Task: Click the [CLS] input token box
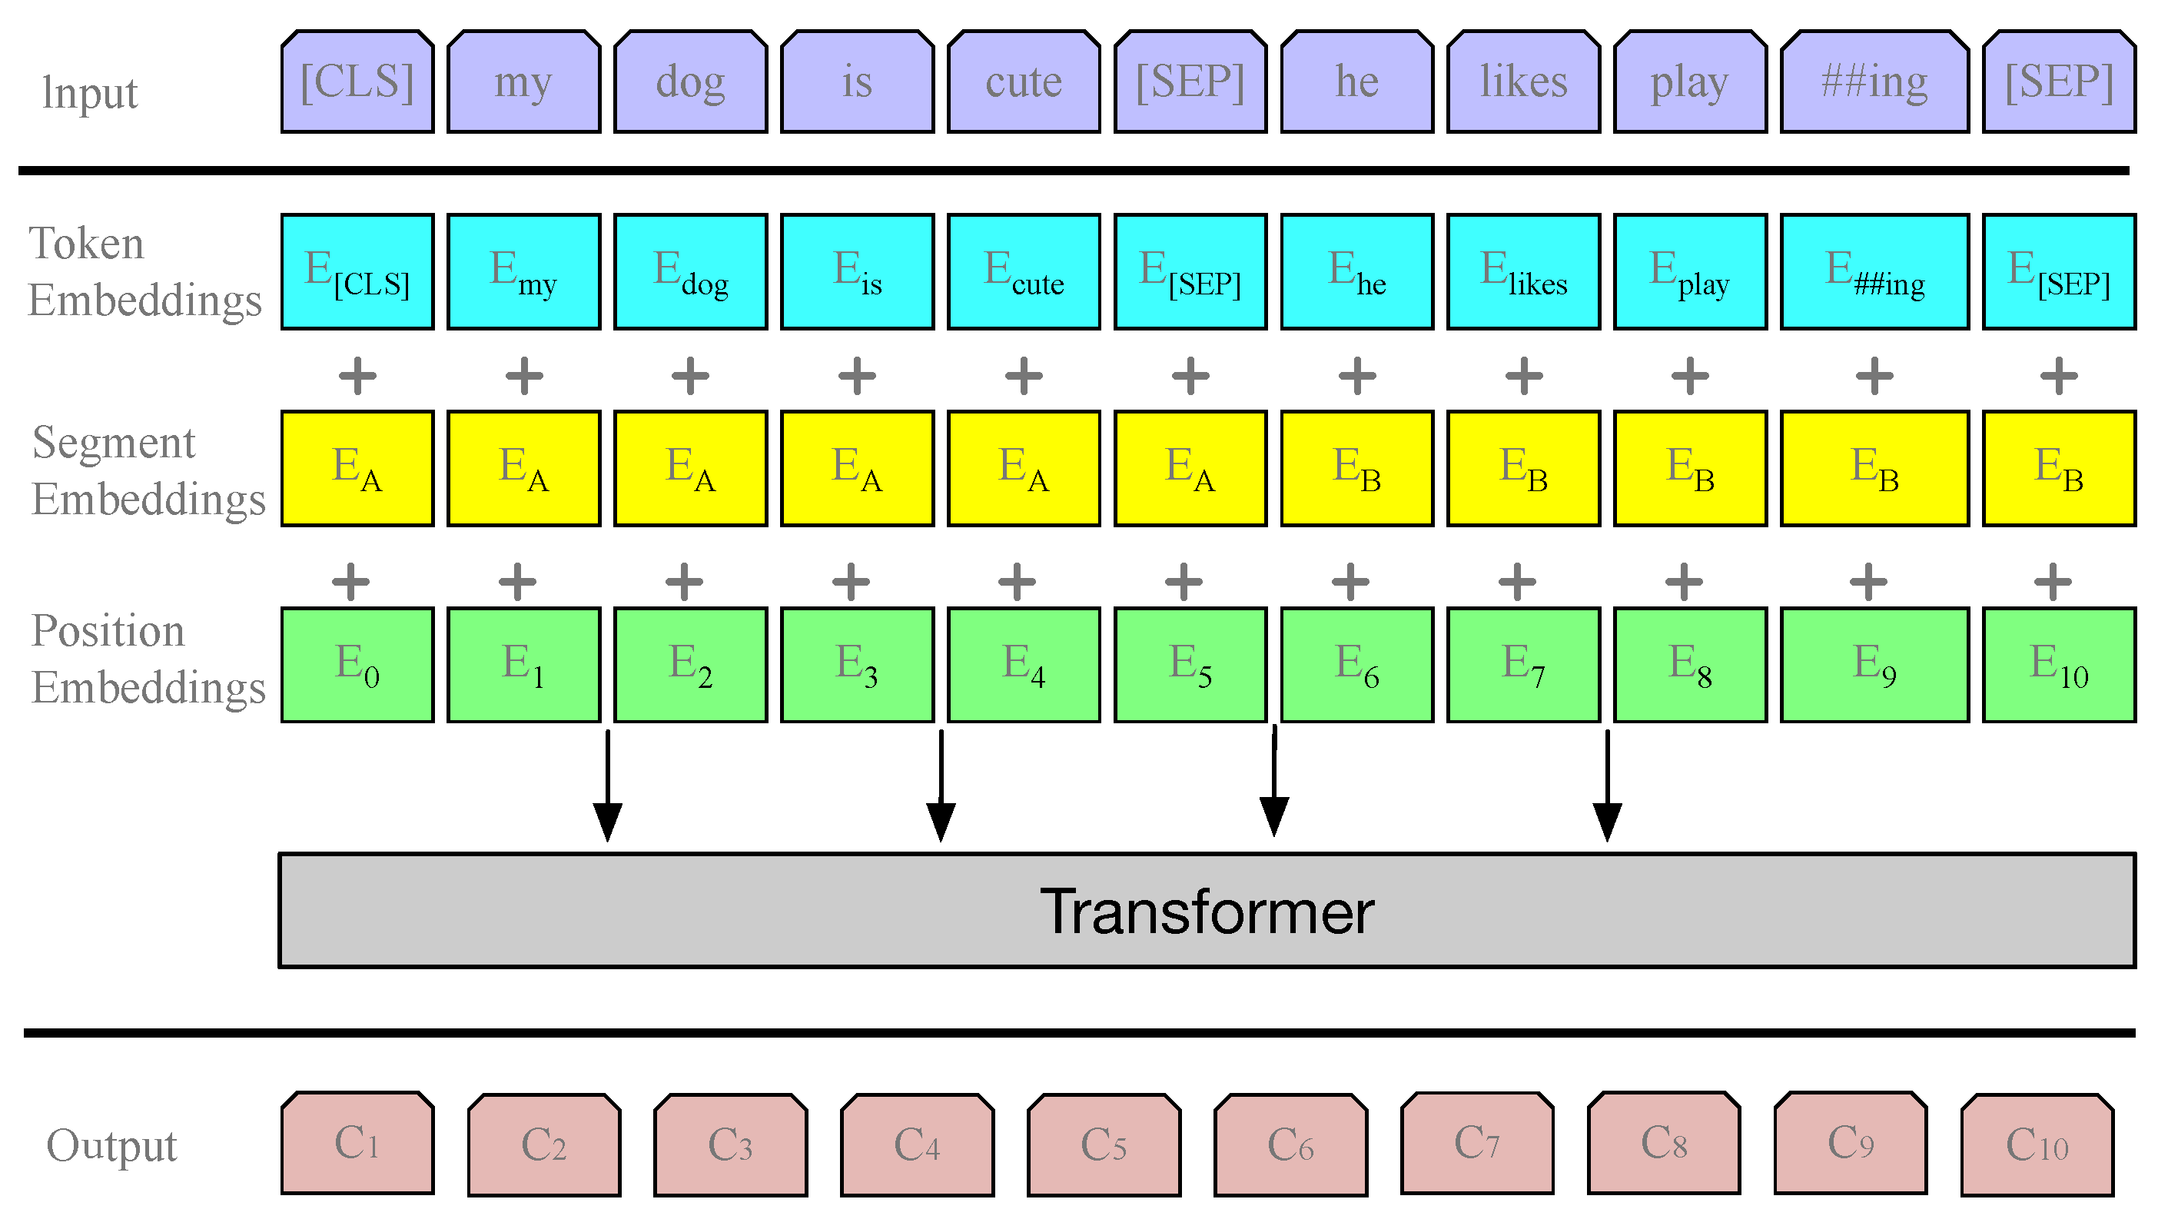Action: click(x=357, y=82)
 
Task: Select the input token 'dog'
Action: click(x=690, y=82)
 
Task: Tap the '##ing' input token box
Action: click(x=1874, y=82)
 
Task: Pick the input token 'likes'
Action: click(x=1523, y=82)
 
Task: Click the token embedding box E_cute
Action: click(x=1023, y=271)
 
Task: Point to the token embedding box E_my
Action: click(x=523, y=271)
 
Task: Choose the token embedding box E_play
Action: click(x=1690, y=271)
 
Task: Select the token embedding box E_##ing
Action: click(x=1874, y=271)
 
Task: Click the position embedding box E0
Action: click(x=357, y=664)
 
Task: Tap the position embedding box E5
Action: click(x=1190, y=664)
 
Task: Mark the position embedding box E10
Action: click(x=2058, y=664)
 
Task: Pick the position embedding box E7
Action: click(x=1523, y=664)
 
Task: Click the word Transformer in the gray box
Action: click(x=1207, y=911)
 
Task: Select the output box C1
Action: click(x=357, y=1143)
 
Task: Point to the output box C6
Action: click(x=1290, y=1144)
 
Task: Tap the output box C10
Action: click(x=2037, y=1144)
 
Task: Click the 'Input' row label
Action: click(x=90, y=92)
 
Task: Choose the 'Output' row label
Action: click(x=111, y=1145)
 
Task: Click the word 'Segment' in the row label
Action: click(x=113, y=443)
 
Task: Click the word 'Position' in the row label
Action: click(x=108, y=630)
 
